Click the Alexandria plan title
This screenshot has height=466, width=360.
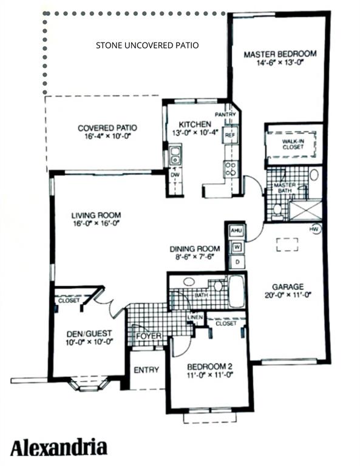pos(59,448)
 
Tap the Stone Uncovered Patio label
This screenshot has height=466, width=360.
pos(147,46)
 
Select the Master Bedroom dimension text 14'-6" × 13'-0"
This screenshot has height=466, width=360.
pos(280,62)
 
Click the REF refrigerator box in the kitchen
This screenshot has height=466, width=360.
pos(230,135)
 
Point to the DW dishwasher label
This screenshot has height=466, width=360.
pos(175,175)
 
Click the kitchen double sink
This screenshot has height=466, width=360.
pos(175,155)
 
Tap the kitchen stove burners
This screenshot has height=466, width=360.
pos(231,169)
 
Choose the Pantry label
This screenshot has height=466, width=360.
pos(225,115)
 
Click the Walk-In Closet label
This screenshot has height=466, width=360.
pos(293,144)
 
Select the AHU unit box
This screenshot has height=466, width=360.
pos(237,231)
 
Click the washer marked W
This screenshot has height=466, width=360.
pos(237,247)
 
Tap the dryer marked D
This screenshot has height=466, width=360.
pos(237,262)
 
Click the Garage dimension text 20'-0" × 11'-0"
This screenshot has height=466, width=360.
pos(288,295)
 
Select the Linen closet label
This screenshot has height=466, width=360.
pos(195,317)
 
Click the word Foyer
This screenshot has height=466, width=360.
pos(149,336)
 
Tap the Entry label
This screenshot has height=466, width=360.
pos(146,370)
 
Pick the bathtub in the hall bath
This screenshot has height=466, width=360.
pos(237,291)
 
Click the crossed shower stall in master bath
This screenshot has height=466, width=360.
pos(305,211)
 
